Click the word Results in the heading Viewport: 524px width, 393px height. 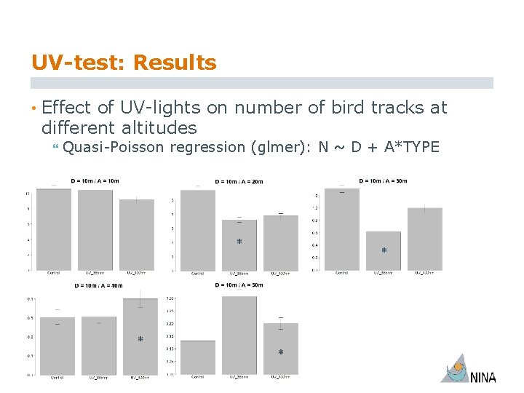[x=174, y=63]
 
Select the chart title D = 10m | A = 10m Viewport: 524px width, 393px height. [x=95, y=180]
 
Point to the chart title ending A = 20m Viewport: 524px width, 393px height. [x=239, y=181]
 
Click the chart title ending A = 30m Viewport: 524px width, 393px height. [x=383, y=180]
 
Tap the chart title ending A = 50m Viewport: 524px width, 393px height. [x=239, y=285]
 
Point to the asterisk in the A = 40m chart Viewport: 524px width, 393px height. [x=140, y=340]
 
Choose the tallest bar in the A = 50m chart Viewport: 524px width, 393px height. [x=239, y=335]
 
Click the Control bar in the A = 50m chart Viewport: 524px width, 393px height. [x=198, y=357]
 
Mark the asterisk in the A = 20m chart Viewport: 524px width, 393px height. [x=239, y=242]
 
